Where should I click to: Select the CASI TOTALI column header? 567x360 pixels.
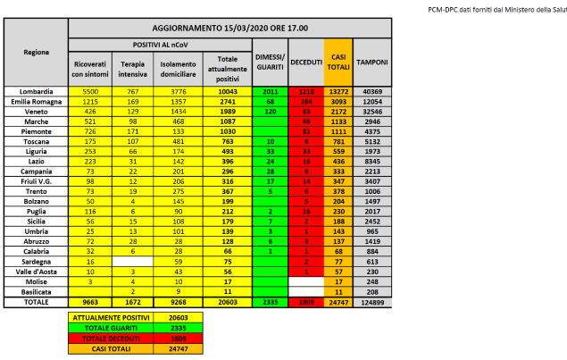pyautogui.click(x=338, y=64)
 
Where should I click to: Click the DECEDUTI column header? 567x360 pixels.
pyautogui.click(x=306, y=64)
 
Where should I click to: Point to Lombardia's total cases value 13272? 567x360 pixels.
pyautogui.click(x=338, y=92)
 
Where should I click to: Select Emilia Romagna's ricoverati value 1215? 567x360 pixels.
pyautogui.click(x=89, y=102)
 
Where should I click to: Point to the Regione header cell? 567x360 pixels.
pyautogui.click(x=36, y=52)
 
